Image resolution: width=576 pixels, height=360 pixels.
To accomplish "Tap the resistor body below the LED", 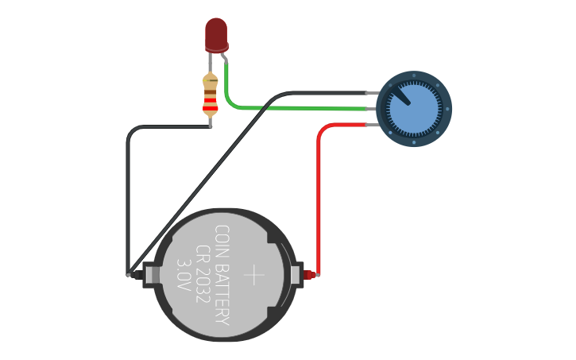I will (x=211, y=95).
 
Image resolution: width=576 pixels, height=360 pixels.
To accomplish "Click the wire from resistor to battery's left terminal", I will (x=127, y=199).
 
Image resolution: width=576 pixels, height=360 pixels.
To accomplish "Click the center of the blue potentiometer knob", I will (x=414, y=109).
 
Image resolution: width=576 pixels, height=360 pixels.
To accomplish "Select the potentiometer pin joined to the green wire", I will (x=371, y=109).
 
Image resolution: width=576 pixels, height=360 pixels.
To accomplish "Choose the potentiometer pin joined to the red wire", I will (x=371, y=125).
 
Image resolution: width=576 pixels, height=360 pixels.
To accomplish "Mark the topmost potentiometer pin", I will (x=371, y=93).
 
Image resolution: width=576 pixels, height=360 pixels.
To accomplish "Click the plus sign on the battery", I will (x=254, y=276).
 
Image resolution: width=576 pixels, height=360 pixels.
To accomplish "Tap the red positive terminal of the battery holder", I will (x=311, y=275).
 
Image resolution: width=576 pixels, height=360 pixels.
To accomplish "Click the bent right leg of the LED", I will (x=224, y=56).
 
